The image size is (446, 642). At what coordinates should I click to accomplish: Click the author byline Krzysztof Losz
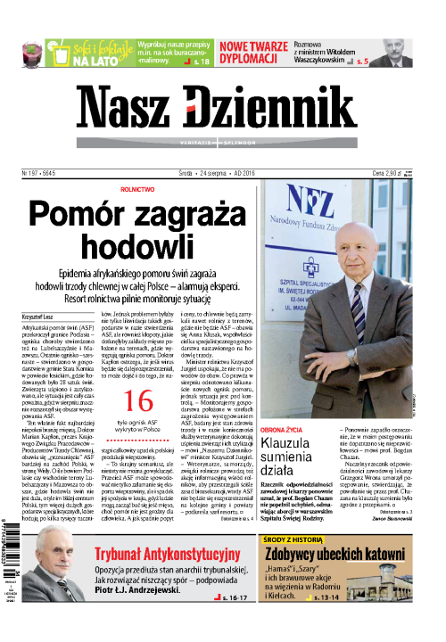(x=38, y=317)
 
